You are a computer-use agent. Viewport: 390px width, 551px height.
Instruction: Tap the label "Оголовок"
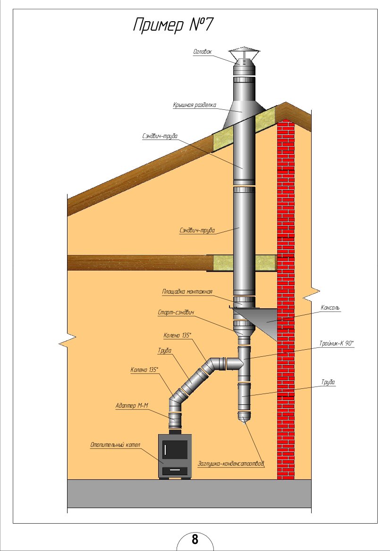pos(203,51)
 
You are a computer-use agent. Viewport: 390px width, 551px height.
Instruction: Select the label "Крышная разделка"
pos(195,105)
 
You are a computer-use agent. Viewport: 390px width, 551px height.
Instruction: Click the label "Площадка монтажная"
pos(187,292)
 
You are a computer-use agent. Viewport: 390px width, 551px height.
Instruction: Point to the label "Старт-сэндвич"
pos(176,313)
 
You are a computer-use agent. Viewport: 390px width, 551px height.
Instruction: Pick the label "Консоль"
pos(330,308)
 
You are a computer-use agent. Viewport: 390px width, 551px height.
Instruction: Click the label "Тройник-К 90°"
pos(336,343)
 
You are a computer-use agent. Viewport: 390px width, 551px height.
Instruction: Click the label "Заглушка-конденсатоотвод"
pos(231,463)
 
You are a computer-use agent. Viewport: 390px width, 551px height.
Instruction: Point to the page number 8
pos(195,539)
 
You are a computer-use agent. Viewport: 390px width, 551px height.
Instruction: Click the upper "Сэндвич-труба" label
pos(160,136)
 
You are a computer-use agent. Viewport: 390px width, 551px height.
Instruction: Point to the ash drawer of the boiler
pos(174,470)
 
